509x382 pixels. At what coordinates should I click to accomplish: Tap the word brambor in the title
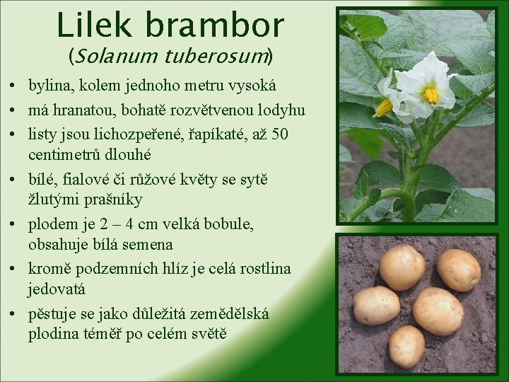click(215, 25)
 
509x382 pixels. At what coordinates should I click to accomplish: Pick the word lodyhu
click(280, 110)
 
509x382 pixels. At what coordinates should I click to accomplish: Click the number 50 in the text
click(279, 133)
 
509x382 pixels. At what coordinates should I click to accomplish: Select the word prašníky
click(110, 199)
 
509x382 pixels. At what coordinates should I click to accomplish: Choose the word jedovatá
click(57, 289)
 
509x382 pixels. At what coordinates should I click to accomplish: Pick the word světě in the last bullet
click(206, 333)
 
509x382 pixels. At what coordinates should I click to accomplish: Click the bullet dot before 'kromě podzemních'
click(14, 269)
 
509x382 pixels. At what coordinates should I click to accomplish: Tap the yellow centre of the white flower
click(429, 95)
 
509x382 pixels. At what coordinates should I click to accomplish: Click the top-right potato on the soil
click(459, 270)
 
